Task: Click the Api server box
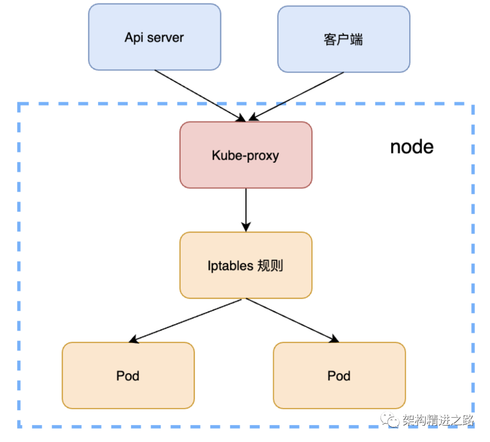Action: point(155,37)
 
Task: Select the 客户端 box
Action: point(344,39)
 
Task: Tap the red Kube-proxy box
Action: point(246,155)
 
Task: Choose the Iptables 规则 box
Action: point(246,265)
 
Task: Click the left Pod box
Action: point(128,375)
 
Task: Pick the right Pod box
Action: point(339,375)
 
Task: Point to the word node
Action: point(412,147)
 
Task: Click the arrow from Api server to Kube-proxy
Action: point(200,96)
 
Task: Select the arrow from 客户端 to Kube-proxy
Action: point(296,96)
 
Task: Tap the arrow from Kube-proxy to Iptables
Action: point(246,210)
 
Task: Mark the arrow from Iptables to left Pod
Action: point(185,321)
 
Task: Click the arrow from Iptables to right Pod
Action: point(293,320)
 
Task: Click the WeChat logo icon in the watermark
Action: point(390,419)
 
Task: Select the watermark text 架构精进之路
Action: point(438,420)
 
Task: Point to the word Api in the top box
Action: point(134,38)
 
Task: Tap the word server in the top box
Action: point(165,38)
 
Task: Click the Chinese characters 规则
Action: point(270,266)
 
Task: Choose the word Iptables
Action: point(230,266)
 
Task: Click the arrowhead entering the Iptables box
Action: point(246,227)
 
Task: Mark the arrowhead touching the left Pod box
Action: point(133,339)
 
